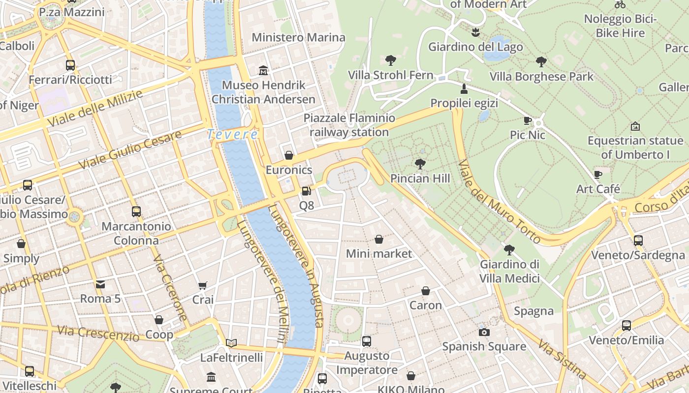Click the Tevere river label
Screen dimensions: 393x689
click(x=232, y=134)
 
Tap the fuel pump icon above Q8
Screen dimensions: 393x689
click(x=306, y=191)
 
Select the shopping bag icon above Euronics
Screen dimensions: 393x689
click(x=289, y=155)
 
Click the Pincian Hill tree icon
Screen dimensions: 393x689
click(x=420, y=164)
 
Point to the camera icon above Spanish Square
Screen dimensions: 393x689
click(x=484, y=332)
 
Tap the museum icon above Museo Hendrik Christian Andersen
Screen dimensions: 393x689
click(x=263, y=71)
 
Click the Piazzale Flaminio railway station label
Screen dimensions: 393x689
click(x=349, y=125)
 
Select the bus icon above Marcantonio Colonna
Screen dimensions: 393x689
click(x=136, y=212)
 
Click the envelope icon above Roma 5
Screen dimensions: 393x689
click(x=100, y=284)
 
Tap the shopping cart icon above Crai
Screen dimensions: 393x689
click(x=202, y=285)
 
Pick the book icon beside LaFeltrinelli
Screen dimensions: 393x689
click(x=231, y=343)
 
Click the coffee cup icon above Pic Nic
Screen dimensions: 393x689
click(x=528, y=120)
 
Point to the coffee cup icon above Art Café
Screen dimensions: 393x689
click(x=598, y=174)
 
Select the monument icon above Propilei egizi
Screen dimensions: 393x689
click(x=463, y=89)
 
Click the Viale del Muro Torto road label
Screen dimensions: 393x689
click(x=500, y=201)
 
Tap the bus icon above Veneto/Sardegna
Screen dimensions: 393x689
click(x=638, y=240)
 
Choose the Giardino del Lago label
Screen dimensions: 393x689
click(x=475, y=47)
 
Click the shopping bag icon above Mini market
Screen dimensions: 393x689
click(x=378, y=239)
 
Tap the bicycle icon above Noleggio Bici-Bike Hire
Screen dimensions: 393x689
click(x=620, y=5)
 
